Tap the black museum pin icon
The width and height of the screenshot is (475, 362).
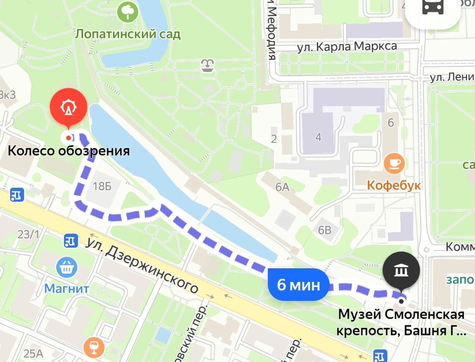(401, 271)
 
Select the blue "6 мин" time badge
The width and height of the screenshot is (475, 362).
(298, 285)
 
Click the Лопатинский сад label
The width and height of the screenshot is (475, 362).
(128, 34)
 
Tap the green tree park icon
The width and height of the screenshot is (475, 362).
(128, 12)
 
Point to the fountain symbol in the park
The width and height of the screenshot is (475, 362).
(207, 65)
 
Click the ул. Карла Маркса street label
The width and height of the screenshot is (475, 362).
(347, 47)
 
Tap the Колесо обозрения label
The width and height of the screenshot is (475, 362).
(69, 151)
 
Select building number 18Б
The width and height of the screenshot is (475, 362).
(102, 186)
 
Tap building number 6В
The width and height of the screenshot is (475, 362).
(325, 230)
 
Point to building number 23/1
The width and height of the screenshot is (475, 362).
(28, 234)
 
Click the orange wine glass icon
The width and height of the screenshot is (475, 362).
(94, 347)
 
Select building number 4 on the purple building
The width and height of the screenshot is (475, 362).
(319, 138)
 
